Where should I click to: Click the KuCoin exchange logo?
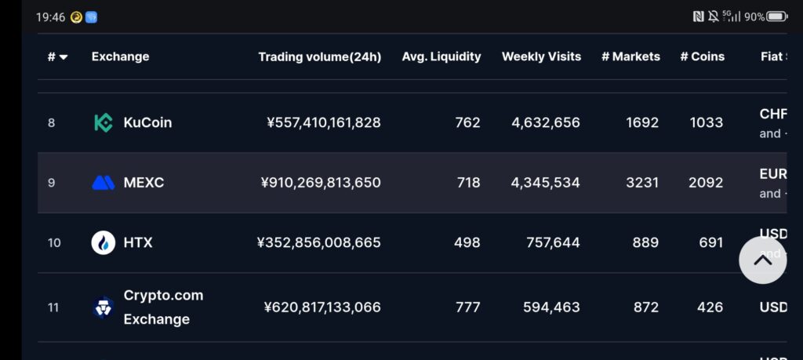coord(103,122)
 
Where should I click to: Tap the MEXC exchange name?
coord(144,183)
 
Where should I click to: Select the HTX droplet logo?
coord(103,242)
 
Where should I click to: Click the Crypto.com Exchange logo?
coord(103,307)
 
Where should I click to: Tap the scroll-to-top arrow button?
coord(762,260)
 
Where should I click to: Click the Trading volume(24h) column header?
coord(319,56)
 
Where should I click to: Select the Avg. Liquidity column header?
coord(441,56)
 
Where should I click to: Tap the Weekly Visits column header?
coord(541,56)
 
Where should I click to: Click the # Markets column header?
coord(630,56)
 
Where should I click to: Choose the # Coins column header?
coord(702,56)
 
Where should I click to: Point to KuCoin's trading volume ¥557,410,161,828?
coord(324,122)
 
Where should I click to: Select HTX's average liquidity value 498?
coord(467,242)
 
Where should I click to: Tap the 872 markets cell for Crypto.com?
coord(645,307)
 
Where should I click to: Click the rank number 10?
coord(54,243)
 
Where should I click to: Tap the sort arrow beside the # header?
coord(64,57)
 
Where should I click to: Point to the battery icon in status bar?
coord(776,16)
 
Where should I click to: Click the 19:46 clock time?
coord(49,16)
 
